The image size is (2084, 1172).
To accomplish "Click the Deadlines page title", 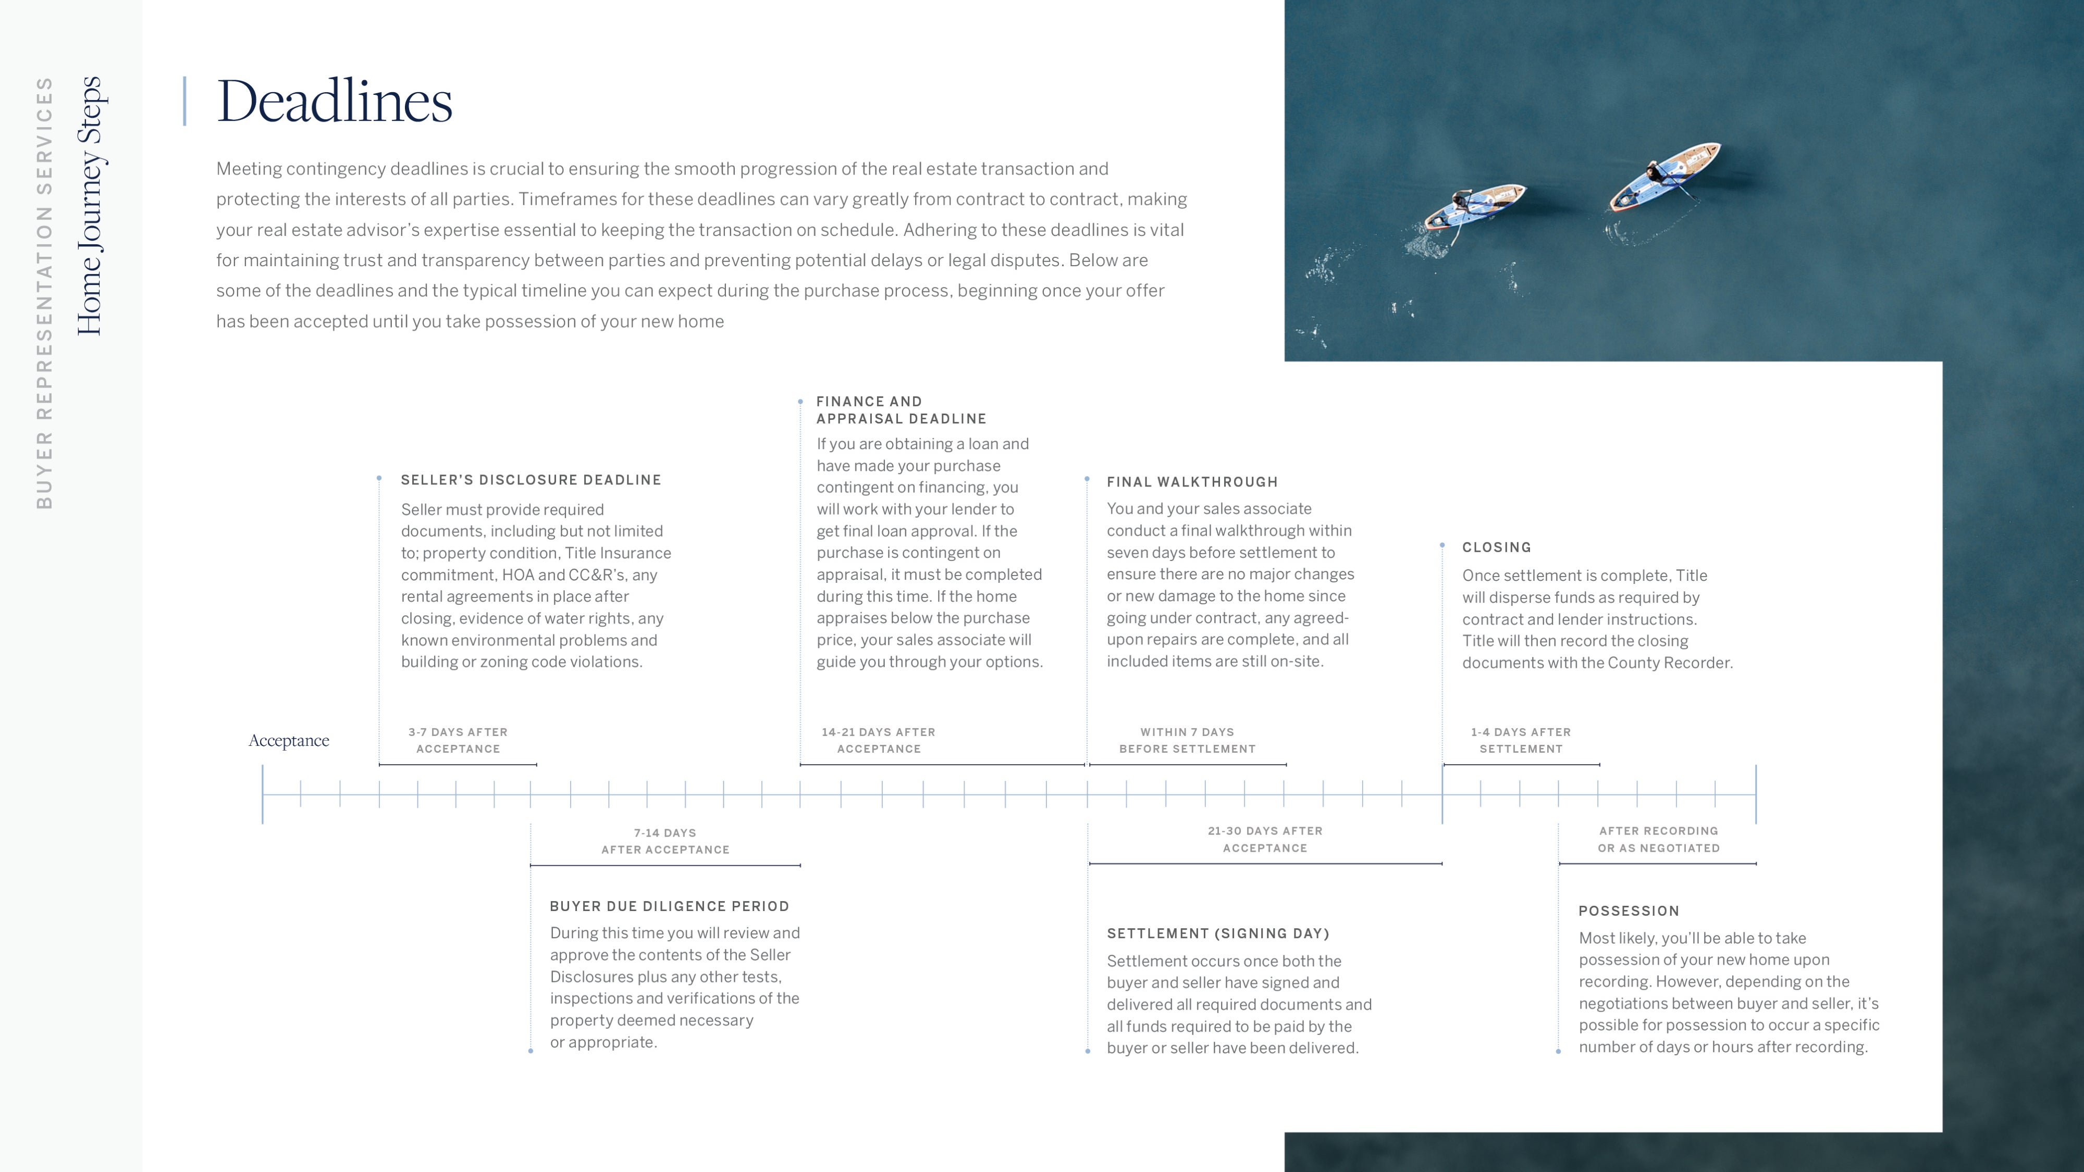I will click(x=334, y=102).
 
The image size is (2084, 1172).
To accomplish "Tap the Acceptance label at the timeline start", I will click(x=289, y=741).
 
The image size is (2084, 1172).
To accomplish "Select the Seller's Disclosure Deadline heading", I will click(x=531, y=480).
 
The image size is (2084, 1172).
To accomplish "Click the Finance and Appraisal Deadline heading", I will click(x=901, y=410).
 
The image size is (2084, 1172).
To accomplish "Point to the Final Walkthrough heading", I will click(x=1192, y=482).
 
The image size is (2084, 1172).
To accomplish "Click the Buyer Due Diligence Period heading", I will click(x=669, y=907).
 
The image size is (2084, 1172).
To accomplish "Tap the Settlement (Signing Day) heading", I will click(x=1217, y=933).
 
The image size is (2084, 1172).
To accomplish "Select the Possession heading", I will click(x=1629, y=911).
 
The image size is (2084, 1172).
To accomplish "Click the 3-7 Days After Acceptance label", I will click(x=458, y=740).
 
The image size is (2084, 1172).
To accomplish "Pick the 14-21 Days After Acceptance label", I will click(x=879, y=740).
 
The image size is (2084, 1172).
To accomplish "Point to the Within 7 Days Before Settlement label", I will click(x=1187, y=740).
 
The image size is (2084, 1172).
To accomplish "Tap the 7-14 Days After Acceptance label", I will click(x=665, y=841).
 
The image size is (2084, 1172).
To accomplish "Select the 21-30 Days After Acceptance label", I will click(x=1264, y=840).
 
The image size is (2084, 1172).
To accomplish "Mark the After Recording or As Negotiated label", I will click(x=1658, y=840).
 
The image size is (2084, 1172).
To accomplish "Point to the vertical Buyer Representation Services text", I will click(x=44, y=293).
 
